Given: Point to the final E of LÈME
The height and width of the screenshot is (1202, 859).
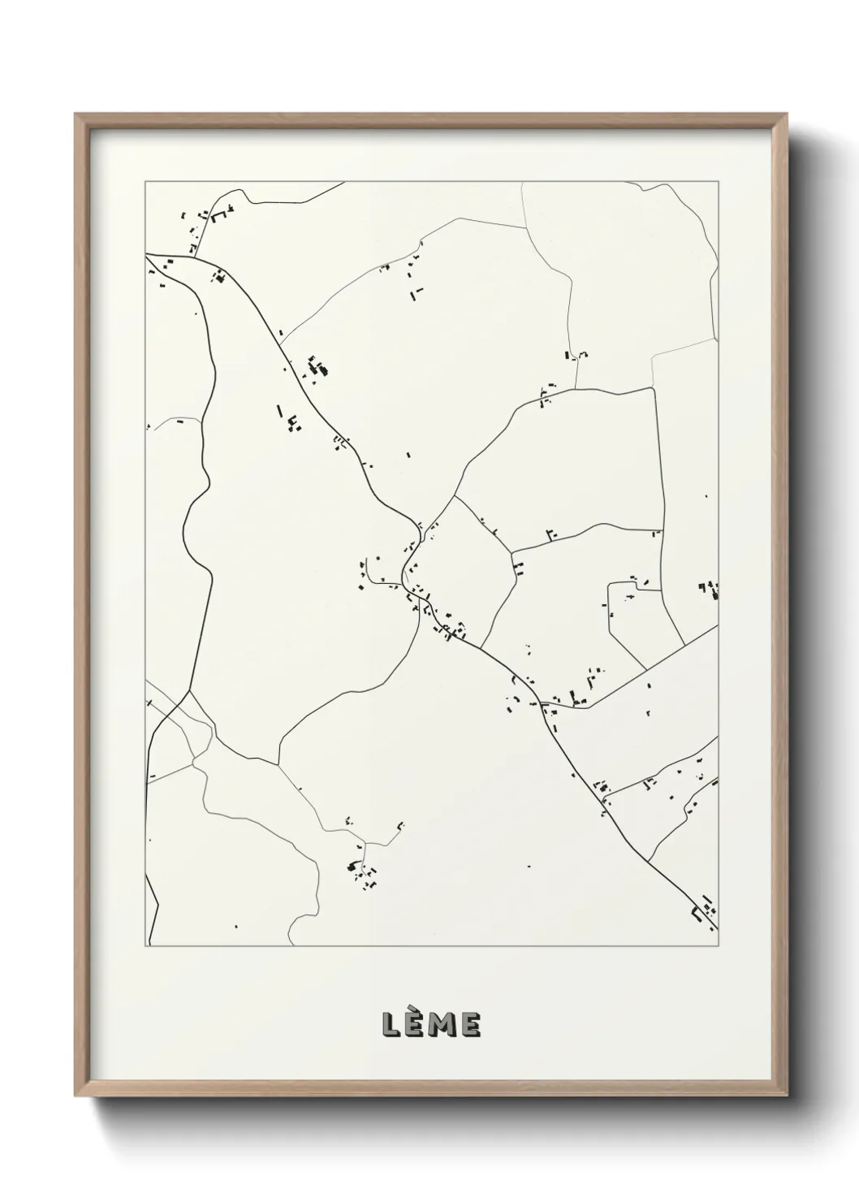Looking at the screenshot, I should tap(470, 1026).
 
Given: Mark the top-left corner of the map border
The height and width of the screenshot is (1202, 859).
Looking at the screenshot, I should tap(145, 182).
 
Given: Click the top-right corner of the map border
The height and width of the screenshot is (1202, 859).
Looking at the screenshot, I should tap(719, 182).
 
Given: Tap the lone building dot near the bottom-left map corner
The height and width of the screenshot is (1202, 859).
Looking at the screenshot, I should tap(236, 925).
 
